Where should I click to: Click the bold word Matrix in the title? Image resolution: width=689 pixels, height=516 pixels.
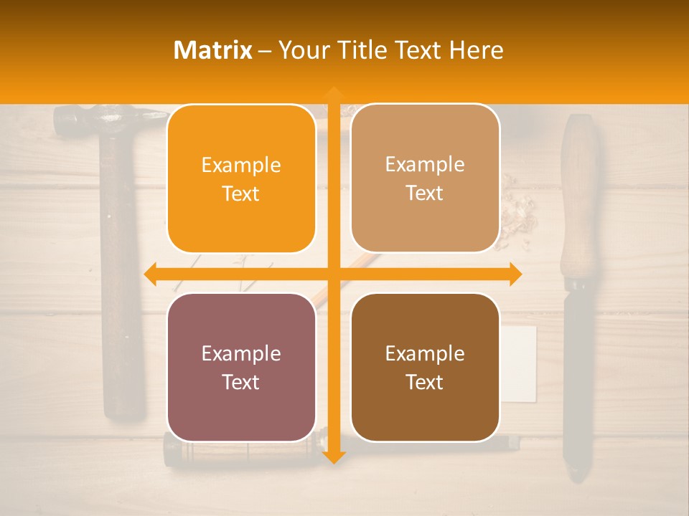click(213, 50)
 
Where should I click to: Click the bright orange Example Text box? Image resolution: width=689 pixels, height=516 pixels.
click(241, 179)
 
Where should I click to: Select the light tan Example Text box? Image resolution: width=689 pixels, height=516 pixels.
click(425, 178)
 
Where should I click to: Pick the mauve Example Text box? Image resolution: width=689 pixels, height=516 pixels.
click(241, 367)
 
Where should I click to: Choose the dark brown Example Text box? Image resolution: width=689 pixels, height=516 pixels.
click(425, 367)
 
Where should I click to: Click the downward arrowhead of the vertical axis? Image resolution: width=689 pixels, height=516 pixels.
click(333, 457)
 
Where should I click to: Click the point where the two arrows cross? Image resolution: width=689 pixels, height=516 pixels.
click(333, 274)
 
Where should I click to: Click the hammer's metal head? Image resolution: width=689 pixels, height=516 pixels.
click(108, 118)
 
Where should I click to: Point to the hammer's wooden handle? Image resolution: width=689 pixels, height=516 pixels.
click(122, 287)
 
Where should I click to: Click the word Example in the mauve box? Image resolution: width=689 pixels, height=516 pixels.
click(241, 353)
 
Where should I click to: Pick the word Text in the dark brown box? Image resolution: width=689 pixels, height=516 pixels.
click(425, 382)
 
